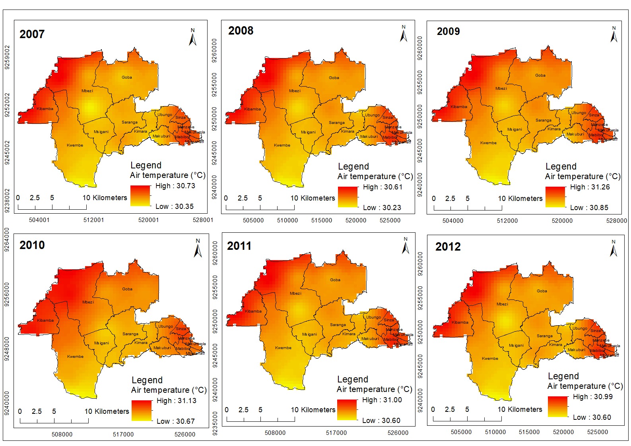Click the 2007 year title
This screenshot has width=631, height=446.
[32, 34]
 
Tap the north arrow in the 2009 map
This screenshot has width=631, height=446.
[614, 35]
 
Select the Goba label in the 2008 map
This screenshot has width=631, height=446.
[334, 78]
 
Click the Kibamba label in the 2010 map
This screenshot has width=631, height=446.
[45, 321]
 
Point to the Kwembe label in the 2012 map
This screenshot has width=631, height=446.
[489, 359]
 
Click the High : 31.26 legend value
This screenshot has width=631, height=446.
[590, 187]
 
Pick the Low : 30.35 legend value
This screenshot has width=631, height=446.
[174, 207]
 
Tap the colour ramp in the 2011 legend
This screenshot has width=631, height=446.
[347, 409]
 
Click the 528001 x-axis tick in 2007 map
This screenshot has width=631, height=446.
[203, 220]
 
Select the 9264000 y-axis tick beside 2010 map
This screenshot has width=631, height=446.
[7, 240]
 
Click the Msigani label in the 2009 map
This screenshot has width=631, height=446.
[514, 129]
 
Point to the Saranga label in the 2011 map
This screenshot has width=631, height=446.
[338, 325]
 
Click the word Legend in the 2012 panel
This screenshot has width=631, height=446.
[563, 376]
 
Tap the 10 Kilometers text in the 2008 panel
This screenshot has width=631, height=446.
[313, 198]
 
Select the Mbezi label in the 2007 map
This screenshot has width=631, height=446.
[87, 91]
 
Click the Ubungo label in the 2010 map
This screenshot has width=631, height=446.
[165, 326]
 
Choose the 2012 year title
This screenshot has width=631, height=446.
[448, 247]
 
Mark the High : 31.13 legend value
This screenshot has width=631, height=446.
[176, 401]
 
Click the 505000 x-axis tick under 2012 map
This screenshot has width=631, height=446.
[461, 432]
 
